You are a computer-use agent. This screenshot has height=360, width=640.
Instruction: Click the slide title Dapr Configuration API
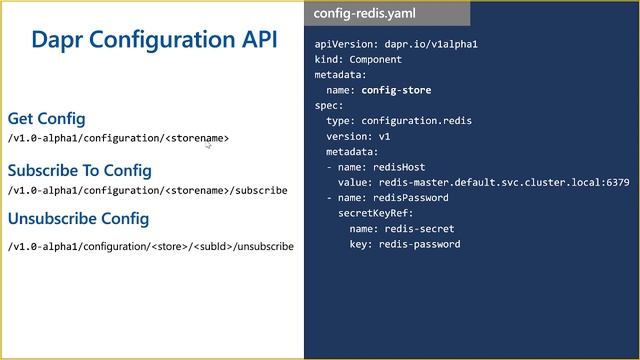[154, 39]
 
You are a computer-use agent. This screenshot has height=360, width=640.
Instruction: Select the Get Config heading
[46, 118]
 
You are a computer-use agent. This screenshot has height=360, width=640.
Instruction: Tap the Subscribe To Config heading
[79, 170]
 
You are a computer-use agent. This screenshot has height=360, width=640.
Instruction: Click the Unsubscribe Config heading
[78, 218]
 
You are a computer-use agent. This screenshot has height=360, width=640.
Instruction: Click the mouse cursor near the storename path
[208, 146]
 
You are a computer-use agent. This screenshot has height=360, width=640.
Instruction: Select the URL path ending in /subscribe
[147, 190]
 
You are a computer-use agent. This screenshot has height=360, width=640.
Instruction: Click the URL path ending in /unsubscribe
[150, 246]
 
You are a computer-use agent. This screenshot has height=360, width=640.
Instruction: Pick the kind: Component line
[358, 59]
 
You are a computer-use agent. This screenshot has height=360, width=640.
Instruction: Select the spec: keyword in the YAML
[329, 105]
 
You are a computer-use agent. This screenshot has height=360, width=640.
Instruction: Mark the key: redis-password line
[405, 244]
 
